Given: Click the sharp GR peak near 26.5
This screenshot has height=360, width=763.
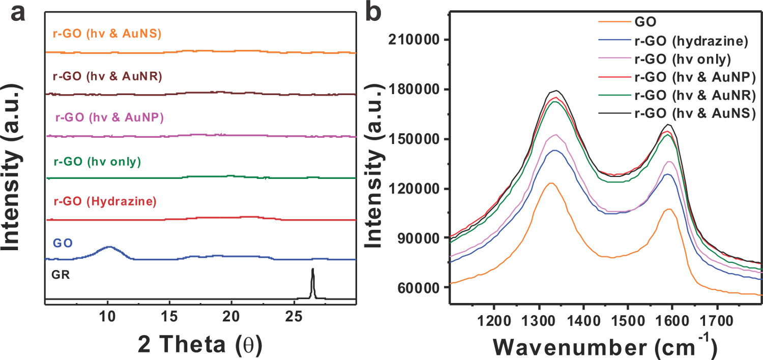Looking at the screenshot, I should click(x=313, y=270).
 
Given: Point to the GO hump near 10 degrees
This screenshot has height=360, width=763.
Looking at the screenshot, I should click(x=109, y=247).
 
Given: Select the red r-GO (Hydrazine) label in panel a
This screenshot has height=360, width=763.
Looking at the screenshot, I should click(x=104, y=202).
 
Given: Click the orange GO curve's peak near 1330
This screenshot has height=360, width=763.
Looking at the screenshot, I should click(x=550, y=183).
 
